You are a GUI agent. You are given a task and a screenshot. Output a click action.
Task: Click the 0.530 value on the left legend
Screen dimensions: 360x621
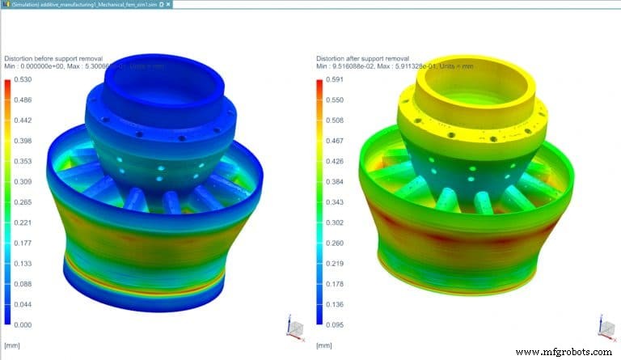[x=23, y=81]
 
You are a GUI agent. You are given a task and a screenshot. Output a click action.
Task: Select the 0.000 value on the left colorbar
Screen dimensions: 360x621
[x=23, y=324]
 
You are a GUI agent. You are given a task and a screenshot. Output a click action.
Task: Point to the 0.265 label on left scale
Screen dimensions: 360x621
[x=23, y=202]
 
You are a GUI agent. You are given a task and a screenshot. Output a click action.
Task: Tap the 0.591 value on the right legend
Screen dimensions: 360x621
[x=333, y=81]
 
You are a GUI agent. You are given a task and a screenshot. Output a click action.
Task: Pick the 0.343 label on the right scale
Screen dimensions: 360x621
[x=333, y=201]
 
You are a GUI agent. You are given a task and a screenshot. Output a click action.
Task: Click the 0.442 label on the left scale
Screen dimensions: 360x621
[x=23, y=121]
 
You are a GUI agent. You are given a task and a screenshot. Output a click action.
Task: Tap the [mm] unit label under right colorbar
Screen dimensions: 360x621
[x=323, y=345]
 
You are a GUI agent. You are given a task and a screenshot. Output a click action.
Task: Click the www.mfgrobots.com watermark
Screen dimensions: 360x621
[x=564, y=352]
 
